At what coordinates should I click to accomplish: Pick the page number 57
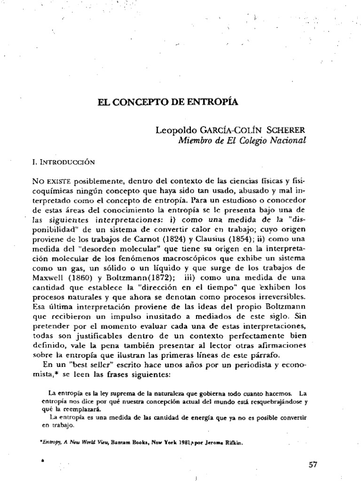coord(313,465)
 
